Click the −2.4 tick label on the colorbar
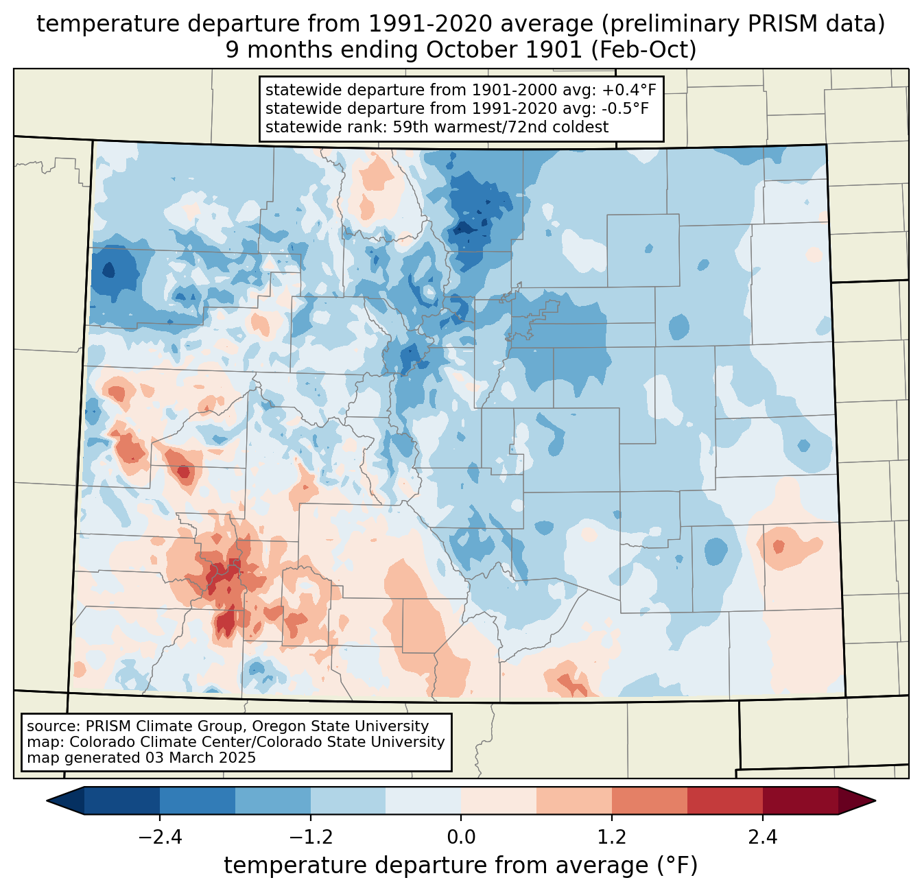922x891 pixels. coord(160,837)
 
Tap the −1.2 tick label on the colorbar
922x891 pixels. coord(310,837)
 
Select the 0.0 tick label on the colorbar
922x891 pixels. coord(461,837)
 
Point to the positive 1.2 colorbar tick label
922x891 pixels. coord(612,837)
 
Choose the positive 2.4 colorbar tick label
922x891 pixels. coord(762,837)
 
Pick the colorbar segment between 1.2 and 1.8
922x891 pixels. coord(649,800)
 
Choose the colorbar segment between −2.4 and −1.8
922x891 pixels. coord(198,800)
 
